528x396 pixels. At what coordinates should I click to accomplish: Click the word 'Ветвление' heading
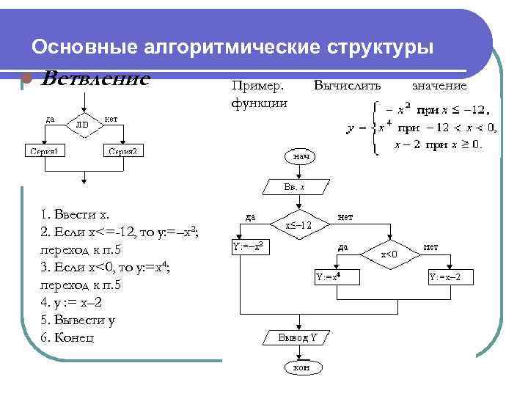click(x=95, y=78)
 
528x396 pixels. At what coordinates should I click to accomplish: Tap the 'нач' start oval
click(x=301, y=156)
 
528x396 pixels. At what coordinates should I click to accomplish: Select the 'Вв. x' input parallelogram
click(x=294, y=187)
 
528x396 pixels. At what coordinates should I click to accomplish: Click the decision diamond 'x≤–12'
click(x=299, y=225)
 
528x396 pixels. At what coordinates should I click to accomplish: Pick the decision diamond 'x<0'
click(x=389, y=254)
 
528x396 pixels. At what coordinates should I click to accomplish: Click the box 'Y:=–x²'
click(x=248, y=247)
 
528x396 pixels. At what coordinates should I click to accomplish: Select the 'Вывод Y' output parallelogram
click(x=297, y=338)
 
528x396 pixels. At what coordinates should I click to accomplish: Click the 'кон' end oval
click(x=301, y=367)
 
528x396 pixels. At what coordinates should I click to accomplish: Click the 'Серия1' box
click(x=45, y=152)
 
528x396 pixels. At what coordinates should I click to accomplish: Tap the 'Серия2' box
click(x=122, y=152)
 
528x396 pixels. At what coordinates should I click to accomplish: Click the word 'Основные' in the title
click(x=84, y=47)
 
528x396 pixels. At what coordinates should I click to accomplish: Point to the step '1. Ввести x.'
click(x=76, y=215)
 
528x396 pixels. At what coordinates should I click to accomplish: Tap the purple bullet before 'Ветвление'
click(x=24, y=78)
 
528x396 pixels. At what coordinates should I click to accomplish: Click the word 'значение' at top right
click(x=439, y=86)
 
